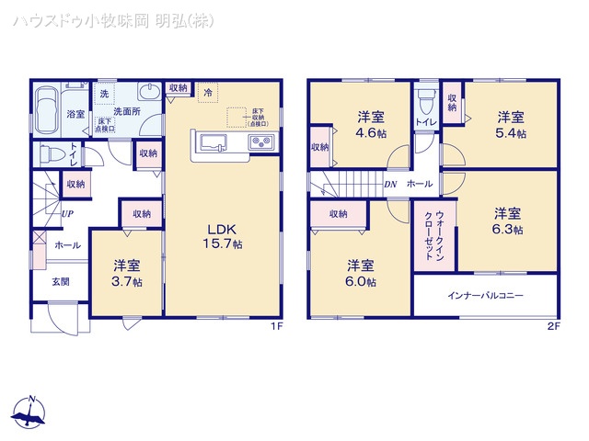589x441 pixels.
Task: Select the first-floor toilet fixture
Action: pyautogui.click(x=53, y=153)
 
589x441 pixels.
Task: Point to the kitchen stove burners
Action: pyautogui.click(x=260, y=142)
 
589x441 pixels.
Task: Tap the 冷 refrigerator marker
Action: pyautogui.click(x=209, y=92)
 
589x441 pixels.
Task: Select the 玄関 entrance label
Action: pyautogui.click(x=60, y=281)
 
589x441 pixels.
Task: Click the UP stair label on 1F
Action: pyautogui.click(x=67, y=214)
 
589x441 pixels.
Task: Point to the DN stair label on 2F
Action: pyautogui.click(x=389, y=184)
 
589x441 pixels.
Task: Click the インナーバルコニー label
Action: pyautogui.click(x=485, y=296)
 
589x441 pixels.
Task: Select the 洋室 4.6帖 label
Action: pyautogui.click(x=371, y=123)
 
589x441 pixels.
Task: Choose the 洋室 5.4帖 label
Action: pyautogui.click(x=512, y=125)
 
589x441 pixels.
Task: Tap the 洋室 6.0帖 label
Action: pyautogui.click(x=361, y=275)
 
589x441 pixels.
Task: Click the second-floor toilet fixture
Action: pyautogui.click(x=424, y=101)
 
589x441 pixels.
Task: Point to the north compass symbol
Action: pyautogui.click(x=31, y=414)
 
